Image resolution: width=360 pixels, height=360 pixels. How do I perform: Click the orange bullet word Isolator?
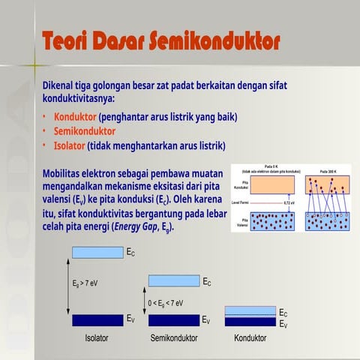point(70,145)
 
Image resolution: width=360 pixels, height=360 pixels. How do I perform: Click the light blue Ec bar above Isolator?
point(97,253)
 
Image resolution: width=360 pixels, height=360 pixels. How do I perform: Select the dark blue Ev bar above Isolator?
point(97,319)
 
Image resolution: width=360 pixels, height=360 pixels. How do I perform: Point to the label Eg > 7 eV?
point(84,283)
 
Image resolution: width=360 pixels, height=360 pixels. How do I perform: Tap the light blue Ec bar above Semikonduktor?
point(173,281)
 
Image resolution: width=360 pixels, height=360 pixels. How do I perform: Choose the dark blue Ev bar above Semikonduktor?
point(173,319)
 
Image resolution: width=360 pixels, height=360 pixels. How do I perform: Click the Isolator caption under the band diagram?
point(96,338)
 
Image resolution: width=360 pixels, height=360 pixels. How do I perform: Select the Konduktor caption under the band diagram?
point(250,338)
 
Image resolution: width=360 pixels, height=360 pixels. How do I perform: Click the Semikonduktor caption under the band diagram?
point(174,338)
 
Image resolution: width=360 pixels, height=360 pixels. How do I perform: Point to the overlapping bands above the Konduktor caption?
point(250,316)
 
